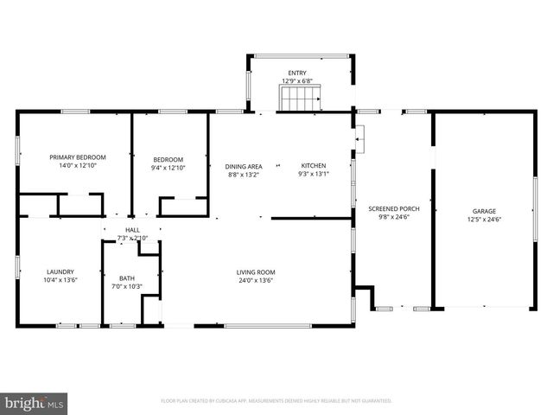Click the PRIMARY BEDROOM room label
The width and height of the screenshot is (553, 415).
click(78, 157)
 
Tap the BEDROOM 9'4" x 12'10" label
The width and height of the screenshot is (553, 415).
click(168, 159)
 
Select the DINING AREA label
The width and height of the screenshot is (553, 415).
click(243, 166)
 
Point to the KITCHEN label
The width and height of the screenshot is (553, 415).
click(313, 166)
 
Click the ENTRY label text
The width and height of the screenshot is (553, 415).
click(296, 73)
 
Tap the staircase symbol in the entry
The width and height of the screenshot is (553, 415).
click(299, 100)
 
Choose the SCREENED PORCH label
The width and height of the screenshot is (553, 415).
click(392, 210)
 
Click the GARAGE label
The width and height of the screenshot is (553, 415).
click(484, 211)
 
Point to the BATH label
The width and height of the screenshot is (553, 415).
click(127, 278)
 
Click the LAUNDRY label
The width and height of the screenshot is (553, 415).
click(60, 271)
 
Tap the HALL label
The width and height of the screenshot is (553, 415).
click(132, 230)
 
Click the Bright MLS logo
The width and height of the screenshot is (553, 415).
click(35, 402)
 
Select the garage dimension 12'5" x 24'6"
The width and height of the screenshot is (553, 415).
click(484, 220)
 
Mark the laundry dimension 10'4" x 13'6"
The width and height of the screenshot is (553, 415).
click(60, 280)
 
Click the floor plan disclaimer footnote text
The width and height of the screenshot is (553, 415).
click(276, 401)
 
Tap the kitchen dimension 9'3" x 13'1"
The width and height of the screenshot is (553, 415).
click(313, 174)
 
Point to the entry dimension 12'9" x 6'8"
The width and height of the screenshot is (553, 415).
click(296, 81)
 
